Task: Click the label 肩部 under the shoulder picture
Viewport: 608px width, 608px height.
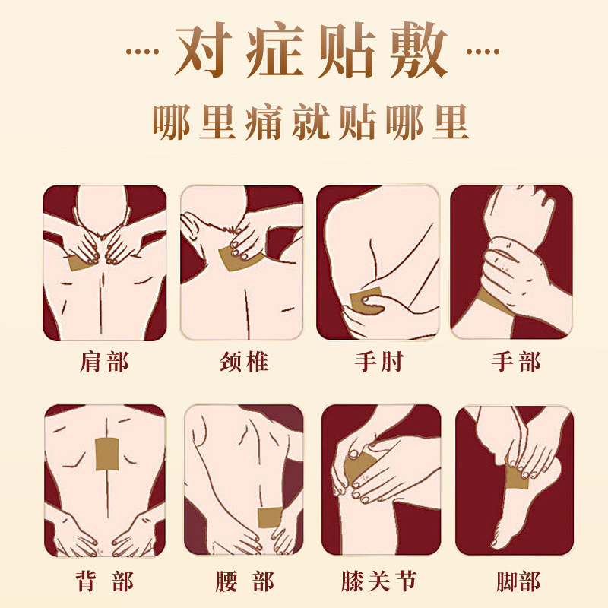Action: coord(104,362)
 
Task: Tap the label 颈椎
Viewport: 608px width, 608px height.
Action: coord(244,362)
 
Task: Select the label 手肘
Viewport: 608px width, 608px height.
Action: coord(379,362)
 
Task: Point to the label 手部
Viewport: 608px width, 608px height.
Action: coord(516,362)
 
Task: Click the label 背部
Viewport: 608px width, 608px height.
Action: coord(104,581)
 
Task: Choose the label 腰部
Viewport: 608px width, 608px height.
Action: coord(245,581)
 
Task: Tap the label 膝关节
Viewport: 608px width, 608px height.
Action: coord(379,581)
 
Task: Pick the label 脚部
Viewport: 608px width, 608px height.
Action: coord(518,581)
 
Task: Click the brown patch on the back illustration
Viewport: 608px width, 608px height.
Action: coord(107,454)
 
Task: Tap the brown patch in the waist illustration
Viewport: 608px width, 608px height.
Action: coord(270,517)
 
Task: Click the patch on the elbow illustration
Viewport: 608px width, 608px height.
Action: coord(366,299)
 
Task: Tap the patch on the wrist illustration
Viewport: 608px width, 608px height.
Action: coord(496,302)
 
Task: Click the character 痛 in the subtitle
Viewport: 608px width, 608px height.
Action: coord(264,122)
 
